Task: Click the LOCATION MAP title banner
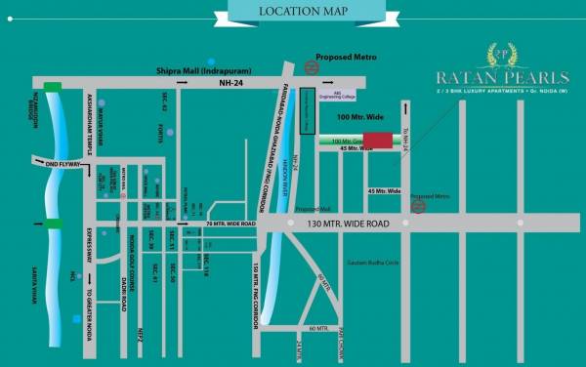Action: (293, 12)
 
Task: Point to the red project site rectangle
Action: (378, 140)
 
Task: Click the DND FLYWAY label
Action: (64, 164)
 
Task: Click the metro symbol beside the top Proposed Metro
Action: (311, 67)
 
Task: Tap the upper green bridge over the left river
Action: (51, 87)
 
